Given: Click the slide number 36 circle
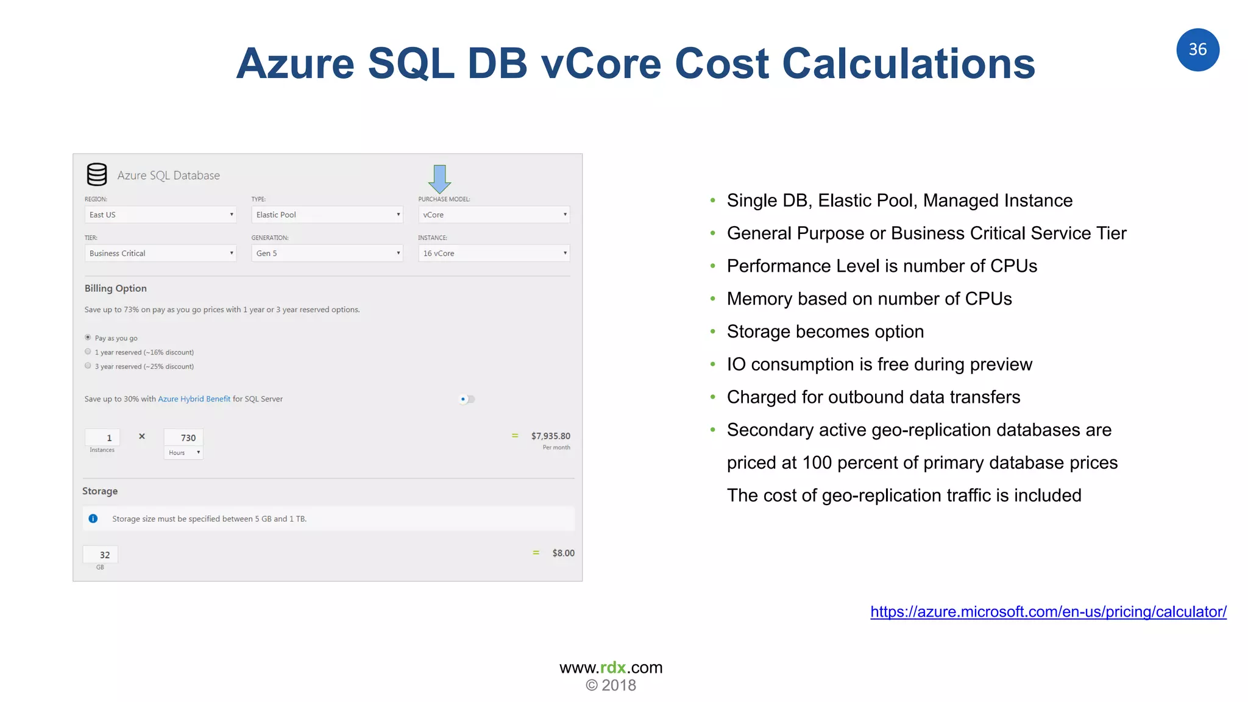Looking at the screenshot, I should pyautogui.click(x=1197, y=50).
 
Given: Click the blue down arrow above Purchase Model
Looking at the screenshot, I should pyautogui.click(x=439, y=178).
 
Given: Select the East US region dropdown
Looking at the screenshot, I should pyautogui.click(x=160, y=214).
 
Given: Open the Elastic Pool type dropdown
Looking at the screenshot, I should pyautogui.click(x=327, y=214).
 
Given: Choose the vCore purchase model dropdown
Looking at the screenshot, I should pyautogui.click(x=494, y=214).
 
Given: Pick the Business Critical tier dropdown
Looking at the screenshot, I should pyautogui.click(x=160, y=253).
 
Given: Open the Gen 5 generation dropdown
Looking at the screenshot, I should pyautogui.click(x=327, y=253).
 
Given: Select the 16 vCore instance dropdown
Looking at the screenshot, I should pyautogui.click(x=494, y=253).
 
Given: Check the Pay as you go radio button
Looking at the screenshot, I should pyautogui.click(x=88, y=338).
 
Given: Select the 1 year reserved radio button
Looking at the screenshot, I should pyautogui.click(x=88, y=352).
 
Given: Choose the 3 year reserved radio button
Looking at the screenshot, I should pyautogui.click(x=88, y=366).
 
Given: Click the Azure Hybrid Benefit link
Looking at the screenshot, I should pyautogui.click(x=194, y=399).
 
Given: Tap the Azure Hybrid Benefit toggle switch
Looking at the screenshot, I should pyautogui.click(x=467, y=399).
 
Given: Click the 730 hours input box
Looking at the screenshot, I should pyautogui.click(x=183, y=438).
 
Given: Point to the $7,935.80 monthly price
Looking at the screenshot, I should pyautogui.click(x=550, y=436).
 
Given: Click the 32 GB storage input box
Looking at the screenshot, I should pyautogui.click(x=101, y=555).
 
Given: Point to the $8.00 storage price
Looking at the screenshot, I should pyautogui.click(x=563, y=553).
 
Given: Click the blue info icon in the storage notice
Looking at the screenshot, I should pyautogui.click(x=93, y=519).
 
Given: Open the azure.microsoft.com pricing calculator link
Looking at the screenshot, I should pyautogui.click(x=1048, y=612).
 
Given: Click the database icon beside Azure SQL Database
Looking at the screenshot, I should pyautogui.click(x=97, y=175).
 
